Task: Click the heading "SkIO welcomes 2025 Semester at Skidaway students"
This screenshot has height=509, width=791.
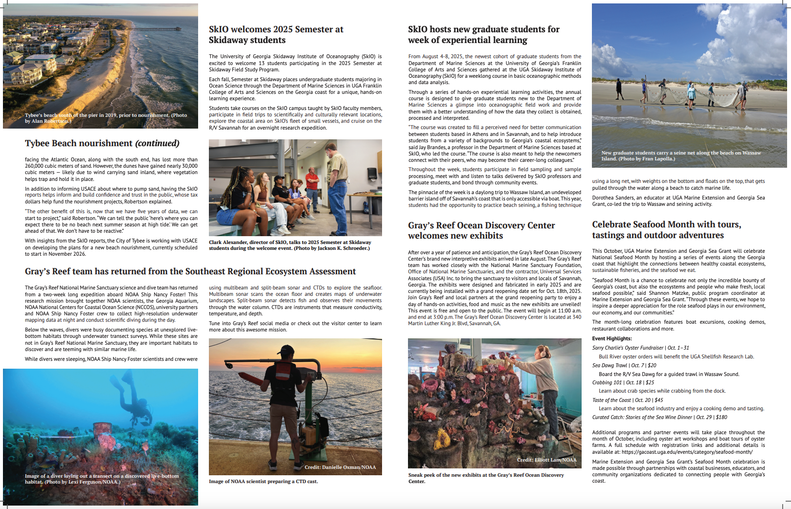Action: pyautogui.click(x=276, y=35)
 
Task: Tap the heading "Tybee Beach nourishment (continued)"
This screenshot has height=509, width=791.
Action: pyautogui.click(x=102, y=143)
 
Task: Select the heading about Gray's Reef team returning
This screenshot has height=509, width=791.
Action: pyautogui.click(x=190, y=271)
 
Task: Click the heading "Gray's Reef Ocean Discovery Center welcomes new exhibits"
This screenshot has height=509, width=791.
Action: pyautogui.click(x=481, y=230)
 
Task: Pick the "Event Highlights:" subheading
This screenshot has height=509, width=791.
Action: pyautogui.click(x=612, y=338)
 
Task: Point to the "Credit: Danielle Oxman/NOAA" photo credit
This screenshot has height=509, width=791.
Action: pyautogui.click(x=340, y=467)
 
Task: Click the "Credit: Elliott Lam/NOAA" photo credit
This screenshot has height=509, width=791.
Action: pyautogui.click(x=546, y=460)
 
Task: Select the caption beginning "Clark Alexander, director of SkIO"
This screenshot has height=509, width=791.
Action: pyautogui.click(x=290, y=245)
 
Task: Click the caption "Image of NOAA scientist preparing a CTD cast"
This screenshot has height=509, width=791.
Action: pyautogui.click(x=263, y=481)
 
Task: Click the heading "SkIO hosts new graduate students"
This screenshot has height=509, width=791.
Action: pyautogui.click(x=483, y=35)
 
